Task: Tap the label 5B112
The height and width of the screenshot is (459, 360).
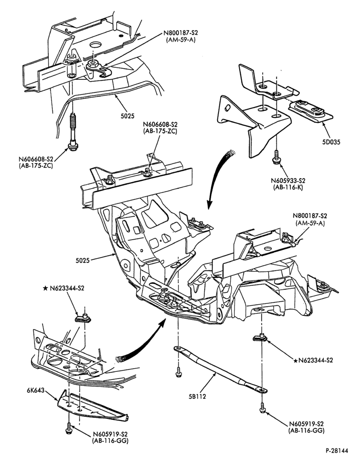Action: [x=197, y=397]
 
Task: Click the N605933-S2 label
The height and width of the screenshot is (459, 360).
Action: [x=287, y=180]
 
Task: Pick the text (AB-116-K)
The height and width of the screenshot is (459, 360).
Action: [x=287, y=187]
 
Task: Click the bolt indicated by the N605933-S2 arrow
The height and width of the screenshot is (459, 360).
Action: [x=276, y=157]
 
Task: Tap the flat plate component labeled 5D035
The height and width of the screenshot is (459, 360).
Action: [x=310, y=110]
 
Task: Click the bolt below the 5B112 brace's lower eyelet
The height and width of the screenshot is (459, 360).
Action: [x=263, y=408]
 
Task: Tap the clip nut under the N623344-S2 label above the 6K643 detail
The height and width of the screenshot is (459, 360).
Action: [x=84, y=318]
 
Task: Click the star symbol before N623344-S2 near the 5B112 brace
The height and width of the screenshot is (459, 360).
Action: [x=295, y=360]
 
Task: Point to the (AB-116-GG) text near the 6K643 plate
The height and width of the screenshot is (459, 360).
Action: [x=110, y=441]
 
